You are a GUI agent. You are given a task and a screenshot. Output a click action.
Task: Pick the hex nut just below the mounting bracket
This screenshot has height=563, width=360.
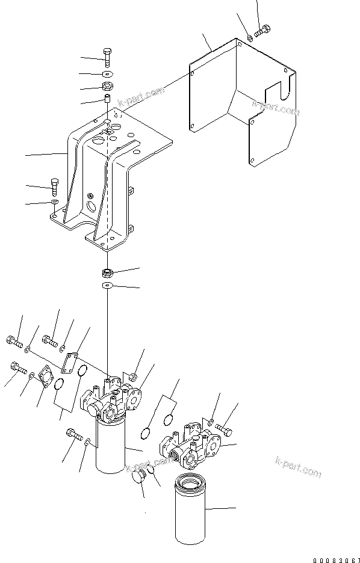[107, 272]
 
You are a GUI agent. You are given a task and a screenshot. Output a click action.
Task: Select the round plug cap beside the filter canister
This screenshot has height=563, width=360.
[140, 478]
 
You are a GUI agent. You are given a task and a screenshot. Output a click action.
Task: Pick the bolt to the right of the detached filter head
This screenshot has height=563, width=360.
[223, 428]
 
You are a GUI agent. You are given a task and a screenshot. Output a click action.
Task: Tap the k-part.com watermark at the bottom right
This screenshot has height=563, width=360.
[299, 469]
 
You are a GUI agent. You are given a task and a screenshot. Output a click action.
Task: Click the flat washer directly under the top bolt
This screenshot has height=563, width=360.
[107, 73]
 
